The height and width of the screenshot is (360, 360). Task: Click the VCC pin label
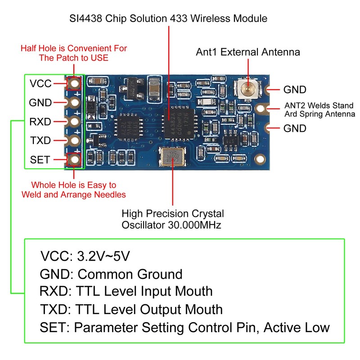pos(40,83)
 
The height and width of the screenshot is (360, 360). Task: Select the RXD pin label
pos(40,121)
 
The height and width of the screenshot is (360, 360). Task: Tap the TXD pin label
pos(40,140)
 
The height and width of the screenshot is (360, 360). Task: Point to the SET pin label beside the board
pos(40,160)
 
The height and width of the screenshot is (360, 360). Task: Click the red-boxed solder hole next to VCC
pos(74,83)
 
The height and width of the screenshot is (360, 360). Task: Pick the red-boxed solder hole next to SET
pos(74,159)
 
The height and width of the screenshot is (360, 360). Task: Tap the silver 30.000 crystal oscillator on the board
pos(172,157)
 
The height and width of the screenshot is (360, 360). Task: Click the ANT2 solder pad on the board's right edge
pos(261,108)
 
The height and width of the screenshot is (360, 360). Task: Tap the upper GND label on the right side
pos(295,90)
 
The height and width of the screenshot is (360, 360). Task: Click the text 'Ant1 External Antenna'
pos(247,52)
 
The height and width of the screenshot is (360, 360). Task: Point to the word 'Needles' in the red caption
pos(109,195)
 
